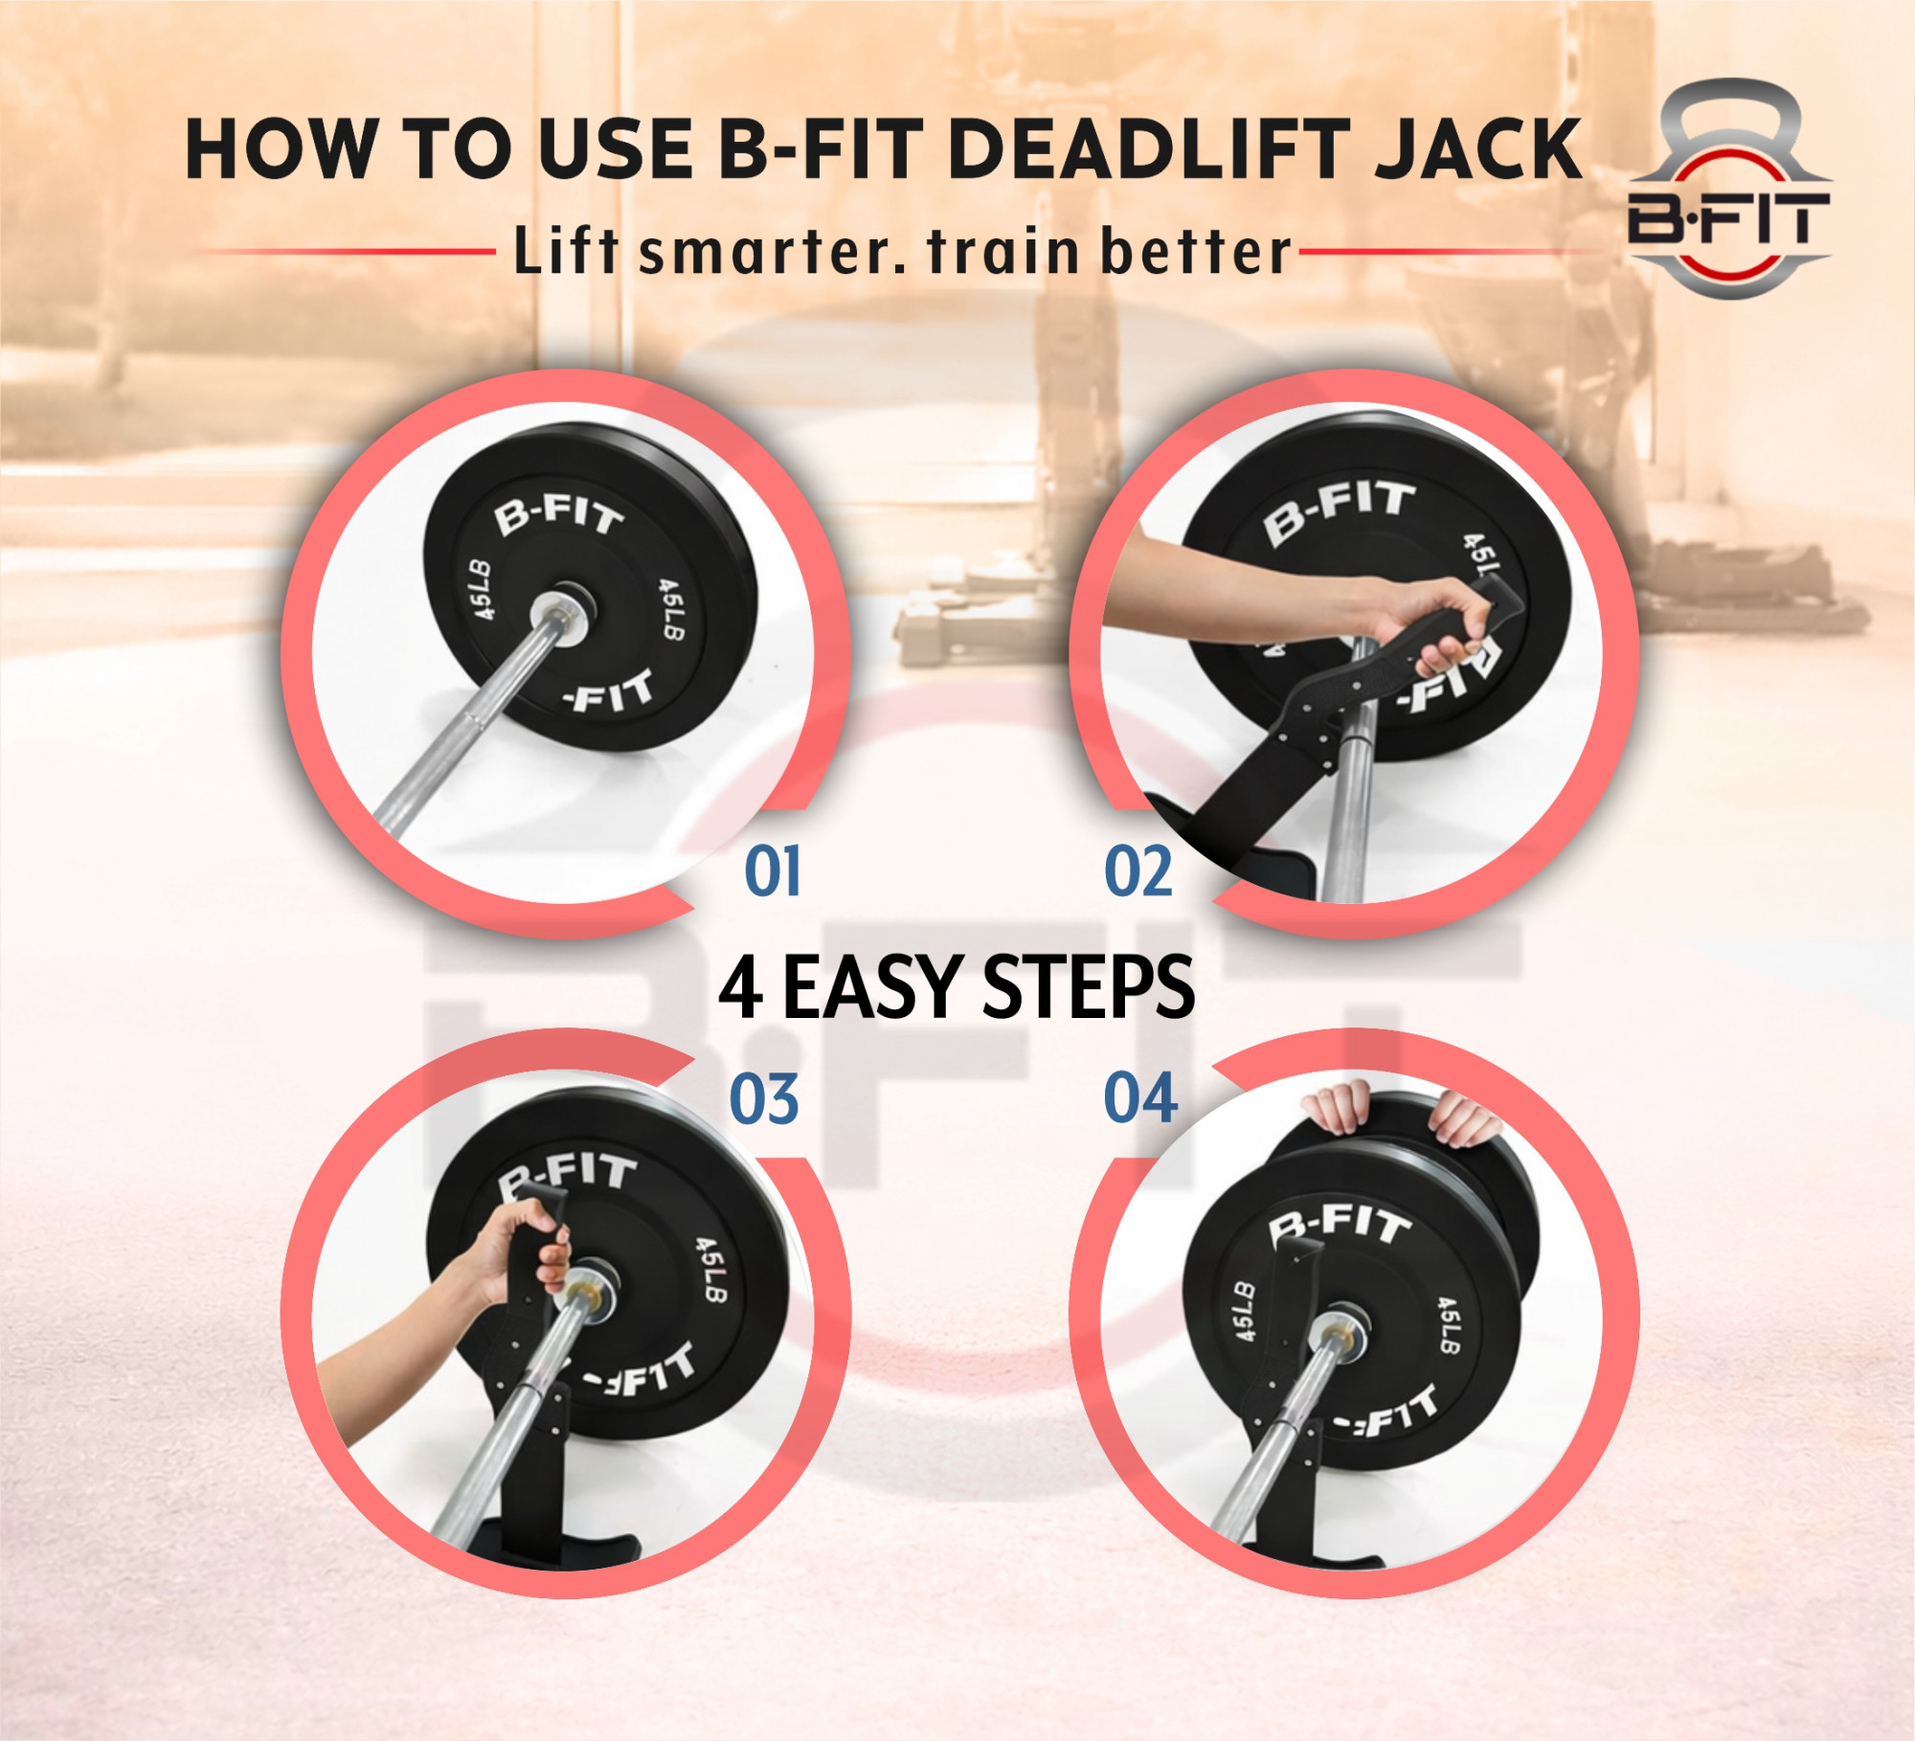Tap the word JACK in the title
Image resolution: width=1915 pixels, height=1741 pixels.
1477,149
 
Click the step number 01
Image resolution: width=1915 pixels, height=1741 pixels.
773,871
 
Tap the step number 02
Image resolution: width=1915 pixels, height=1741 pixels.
1138,871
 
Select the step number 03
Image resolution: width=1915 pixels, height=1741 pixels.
763,1098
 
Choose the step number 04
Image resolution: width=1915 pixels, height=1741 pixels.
1139,1098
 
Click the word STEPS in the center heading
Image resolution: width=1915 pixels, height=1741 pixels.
1089,987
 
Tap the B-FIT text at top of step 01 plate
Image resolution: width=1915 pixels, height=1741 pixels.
558,514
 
